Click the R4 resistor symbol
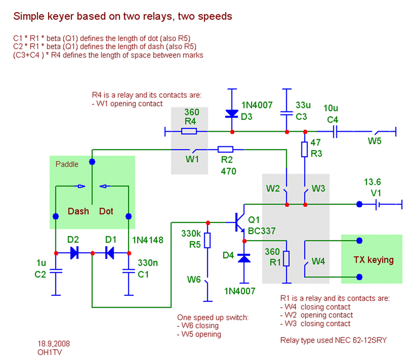click(x=189, y=131)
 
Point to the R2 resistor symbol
click(x=225, y=149)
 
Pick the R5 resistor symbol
click(x=208, y=241)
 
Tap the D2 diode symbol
click(x=74, y=253)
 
